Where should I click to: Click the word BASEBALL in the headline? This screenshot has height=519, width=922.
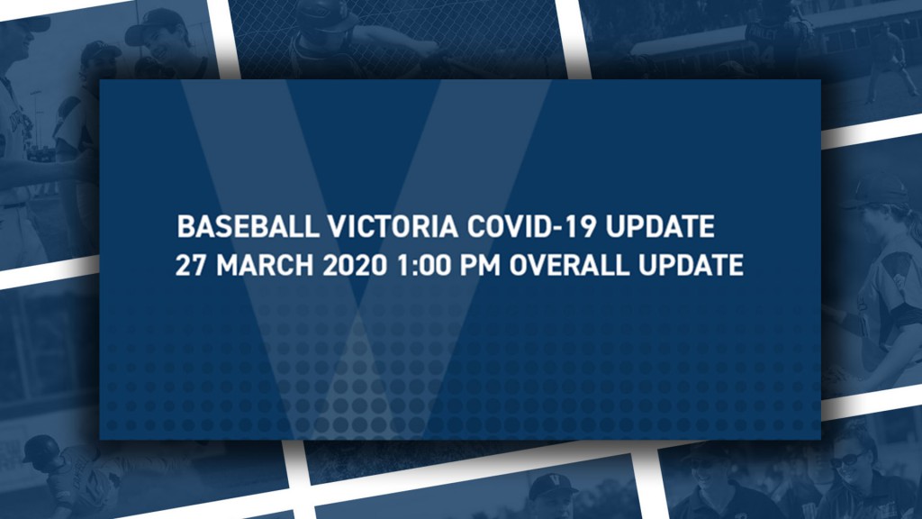pyautogui.click(x=248, y=226)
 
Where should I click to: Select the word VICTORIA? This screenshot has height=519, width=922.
pyautogui.click(x=393, y=226)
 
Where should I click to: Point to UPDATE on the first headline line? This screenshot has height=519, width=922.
pyautogui.click(x=660, y=226)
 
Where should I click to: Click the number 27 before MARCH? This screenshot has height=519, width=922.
pyautogui.click(x=191, y=265)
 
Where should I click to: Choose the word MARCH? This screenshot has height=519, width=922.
pyautogui.click(x=265, y=265)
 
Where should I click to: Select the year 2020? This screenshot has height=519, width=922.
pyautogui.click(x=355, y=265)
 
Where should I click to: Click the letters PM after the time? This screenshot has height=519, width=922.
pyautogui.click(x=480, y=265)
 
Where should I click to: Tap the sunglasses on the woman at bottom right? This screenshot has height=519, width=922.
pyautogui.click(x=846, y=459)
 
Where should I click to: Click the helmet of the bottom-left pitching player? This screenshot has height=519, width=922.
pyautogui.click(x=41, y=449)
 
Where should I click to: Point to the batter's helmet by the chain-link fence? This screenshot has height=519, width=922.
pyautogui.click(x=326, y=14)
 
